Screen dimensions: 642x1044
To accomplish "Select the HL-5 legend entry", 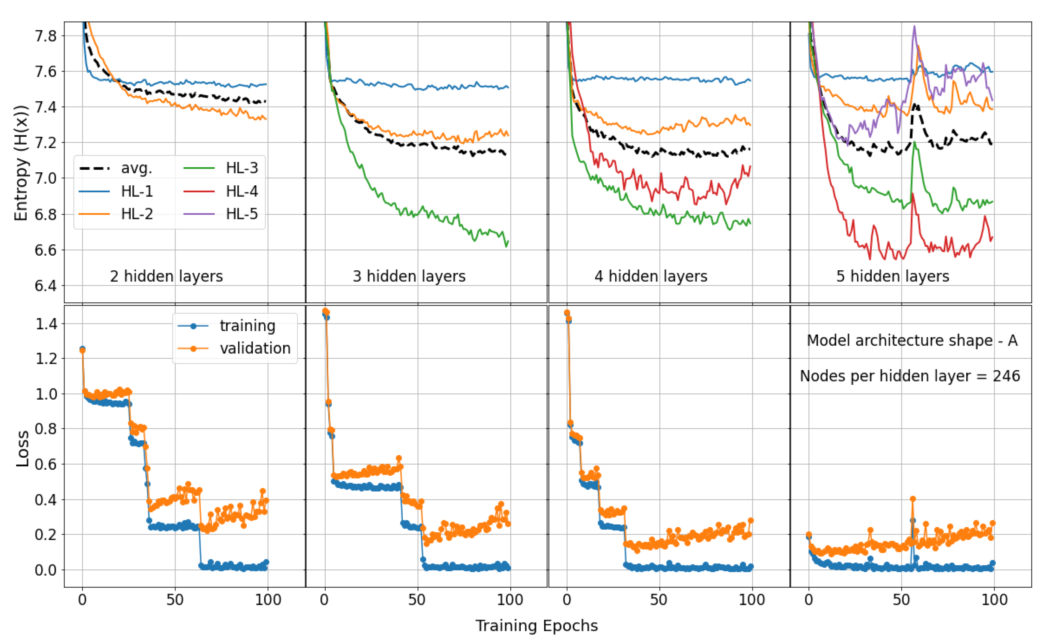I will pos(241,214).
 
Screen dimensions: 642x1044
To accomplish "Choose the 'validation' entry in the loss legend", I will pos(255,349).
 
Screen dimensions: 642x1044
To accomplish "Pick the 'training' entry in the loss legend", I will pos(247,326).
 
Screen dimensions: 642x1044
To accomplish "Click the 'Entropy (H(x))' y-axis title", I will pos(21,163).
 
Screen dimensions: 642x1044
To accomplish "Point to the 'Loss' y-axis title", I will pos(22,449).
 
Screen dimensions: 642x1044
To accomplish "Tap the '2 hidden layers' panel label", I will pos(166,277).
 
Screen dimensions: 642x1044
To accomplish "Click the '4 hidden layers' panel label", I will pos(651,277).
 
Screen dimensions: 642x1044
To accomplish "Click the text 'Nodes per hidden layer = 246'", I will pos(910,376).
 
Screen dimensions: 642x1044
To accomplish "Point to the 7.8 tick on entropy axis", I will pos(45,36).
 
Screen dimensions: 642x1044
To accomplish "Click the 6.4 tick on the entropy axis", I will pos(45,286).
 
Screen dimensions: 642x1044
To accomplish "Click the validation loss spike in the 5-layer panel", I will pos(913,499).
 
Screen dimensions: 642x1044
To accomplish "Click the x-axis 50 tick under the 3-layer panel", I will pos(417,600).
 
